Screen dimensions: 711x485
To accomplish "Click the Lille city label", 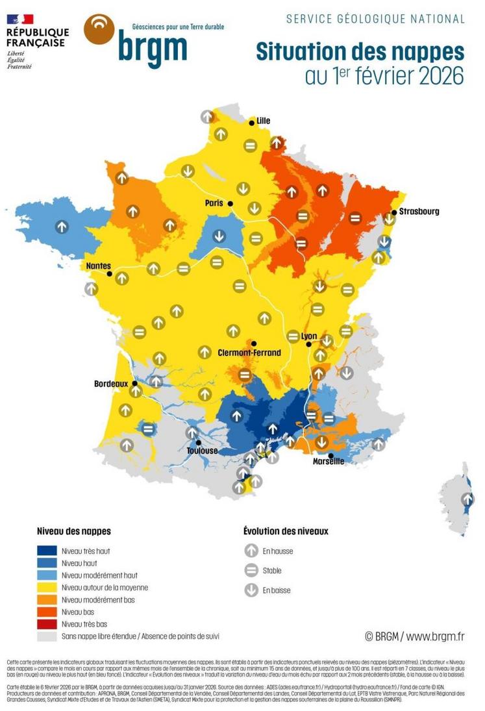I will click(x=264, y=121).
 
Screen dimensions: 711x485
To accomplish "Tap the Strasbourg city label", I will click(x=419, y=212).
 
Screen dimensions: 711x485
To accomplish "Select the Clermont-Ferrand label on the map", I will click(x=250, y=353).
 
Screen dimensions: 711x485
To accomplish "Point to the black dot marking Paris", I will click(x=230, y=204).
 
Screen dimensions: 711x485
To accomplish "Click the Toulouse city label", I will click(x=202, y=451).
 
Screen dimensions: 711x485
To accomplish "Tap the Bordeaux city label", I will click(x=111, y=384).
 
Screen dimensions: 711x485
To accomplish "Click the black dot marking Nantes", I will click(x=110, y=274).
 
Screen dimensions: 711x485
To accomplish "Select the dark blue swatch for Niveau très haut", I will click(x=47, y=551).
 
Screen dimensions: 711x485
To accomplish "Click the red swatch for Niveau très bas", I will click(x=47, y=623).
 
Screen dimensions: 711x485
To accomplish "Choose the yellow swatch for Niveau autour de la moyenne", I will click(x=47, y=587).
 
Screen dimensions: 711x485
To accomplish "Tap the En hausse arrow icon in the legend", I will click(x=251, y=551).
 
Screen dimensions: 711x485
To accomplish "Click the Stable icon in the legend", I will click(x=251, y=571).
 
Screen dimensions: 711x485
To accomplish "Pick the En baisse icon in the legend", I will click(x=251, y=590).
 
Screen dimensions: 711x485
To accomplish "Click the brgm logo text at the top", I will click(x=152, y=48).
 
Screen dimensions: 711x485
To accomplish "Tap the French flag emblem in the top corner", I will click(x=20, y=19).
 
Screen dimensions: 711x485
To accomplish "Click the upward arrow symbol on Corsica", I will click(x=467, y=499).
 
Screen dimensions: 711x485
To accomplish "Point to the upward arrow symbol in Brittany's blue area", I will click(x=61, y=227).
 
